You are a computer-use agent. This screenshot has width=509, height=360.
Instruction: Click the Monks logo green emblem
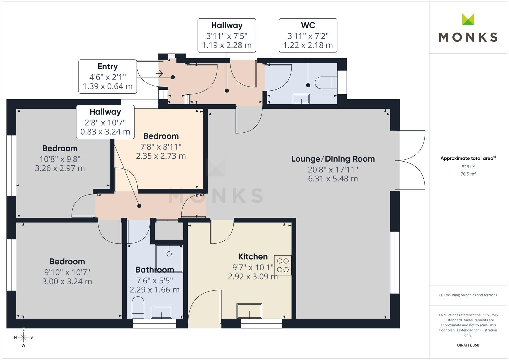[468, 19]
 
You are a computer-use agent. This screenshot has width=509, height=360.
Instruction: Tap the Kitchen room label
[253, 257]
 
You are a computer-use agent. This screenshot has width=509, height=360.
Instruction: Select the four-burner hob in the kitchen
[283, 265]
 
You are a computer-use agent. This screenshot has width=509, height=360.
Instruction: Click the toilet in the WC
[326, 83]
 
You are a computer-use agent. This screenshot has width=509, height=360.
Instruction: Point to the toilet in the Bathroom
[138, 307]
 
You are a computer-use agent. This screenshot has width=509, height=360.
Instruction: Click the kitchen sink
[249, 311]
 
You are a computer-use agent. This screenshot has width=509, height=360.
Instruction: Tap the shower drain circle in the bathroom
[169, 254]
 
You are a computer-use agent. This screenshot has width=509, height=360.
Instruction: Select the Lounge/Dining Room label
[333, 159]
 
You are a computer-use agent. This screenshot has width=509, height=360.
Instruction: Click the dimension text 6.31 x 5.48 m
[333, 179]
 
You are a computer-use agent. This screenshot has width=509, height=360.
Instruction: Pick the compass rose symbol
[23, 337]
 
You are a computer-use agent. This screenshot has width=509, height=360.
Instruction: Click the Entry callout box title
[108, 66]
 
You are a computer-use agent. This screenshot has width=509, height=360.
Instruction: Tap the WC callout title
[308, 25]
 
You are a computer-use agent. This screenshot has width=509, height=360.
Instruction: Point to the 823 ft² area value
[468, 167]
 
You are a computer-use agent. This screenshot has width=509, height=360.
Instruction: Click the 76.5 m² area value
[468, 174]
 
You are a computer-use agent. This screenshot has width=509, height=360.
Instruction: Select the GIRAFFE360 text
[468, 345]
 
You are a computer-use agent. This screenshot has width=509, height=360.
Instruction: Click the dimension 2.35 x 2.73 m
[161, 156]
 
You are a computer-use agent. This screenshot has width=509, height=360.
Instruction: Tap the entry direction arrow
[159, 74]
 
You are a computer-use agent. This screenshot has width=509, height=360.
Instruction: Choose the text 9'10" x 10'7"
[67, 272]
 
